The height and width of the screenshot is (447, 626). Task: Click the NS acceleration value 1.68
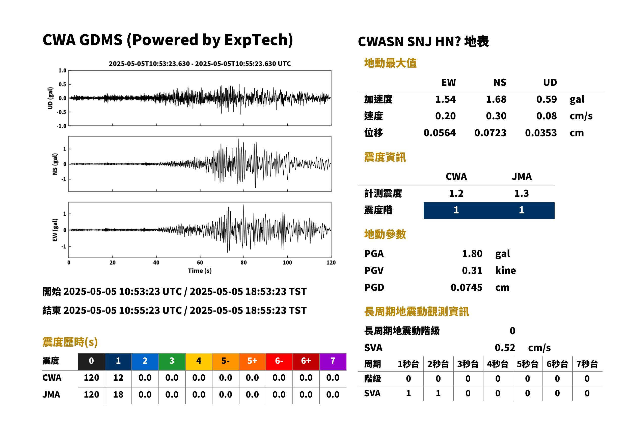tap(496, 99)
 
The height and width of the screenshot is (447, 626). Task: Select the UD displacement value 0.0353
tap(541, 133)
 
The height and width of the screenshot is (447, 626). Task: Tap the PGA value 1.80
tap(472, 254)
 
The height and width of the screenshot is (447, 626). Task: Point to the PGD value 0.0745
tap(466, 287)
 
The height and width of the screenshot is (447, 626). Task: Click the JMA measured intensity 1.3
tap(521, 193)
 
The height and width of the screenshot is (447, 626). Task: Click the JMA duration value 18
tap(118, 395)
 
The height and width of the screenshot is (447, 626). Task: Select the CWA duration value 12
tap(118, 378)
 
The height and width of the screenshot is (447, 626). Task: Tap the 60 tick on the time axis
tap(200, 263)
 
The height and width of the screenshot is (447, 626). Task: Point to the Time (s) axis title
tap(200, 271)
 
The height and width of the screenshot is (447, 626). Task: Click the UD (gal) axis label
tap(50, 98)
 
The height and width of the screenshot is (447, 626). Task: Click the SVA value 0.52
tap(505, 348)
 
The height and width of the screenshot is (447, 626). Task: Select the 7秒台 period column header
tap(587, 364)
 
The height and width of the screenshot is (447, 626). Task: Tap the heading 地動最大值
tap(390, 63)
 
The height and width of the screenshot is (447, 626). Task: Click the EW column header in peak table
tap(448, 82)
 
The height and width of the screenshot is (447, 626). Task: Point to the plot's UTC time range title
tap(200, 64)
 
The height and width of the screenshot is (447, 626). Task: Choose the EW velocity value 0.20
tap(445, 116)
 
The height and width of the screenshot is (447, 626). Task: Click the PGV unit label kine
tap(505, 270)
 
